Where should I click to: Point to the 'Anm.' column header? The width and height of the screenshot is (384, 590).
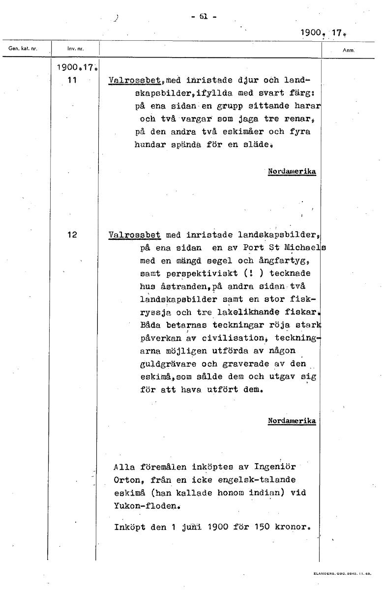[x=349, y=50]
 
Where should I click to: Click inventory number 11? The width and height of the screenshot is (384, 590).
[x=72, y=80]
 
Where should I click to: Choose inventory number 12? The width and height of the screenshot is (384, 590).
[x=72, y=235]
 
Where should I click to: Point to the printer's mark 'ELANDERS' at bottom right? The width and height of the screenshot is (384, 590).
[x=323, y=573]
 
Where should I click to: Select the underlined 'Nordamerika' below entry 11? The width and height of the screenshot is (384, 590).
[x=292, y=172]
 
